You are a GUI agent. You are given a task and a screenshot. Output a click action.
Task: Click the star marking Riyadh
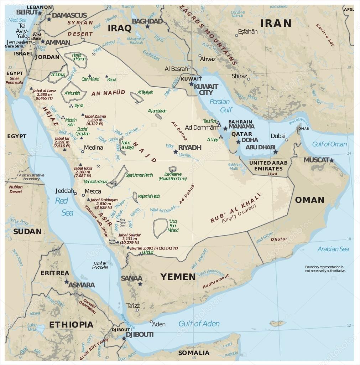pos(176,151)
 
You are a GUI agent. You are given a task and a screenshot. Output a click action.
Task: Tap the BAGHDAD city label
pos(147,21)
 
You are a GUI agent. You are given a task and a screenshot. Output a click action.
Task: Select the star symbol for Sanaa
pos(140,284)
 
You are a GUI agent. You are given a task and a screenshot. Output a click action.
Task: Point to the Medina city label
pos(93,148)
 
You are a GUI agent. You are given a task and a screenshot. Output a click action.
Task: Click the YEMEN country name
pos(178,277)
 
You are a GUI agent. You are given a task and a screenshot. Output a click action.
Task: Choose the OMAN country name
pos(309,200)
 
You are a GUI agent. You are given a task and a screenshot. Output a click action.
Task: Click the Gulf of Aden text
pos(199,324)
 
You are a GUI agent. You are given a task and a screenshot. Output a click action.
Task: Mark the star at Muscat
pos(332,160)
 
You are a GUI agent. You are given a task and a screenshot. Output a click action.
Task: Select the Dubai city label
pos(278,136)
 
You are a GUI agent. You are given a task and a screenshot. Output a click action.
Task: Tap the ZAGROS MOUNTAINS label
pos(208,34)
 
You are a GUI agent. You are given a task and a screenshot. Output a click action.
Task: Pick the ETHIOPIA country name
pos(71,324)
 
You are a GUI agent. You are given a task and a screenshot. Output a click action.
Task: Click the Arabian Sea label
pos(333,249)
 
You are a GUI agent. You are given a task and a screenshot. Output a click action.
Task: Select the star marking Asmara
pos(67,282)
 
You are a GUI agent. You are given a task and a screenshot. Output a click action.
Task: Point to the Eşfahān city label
pos(248,32)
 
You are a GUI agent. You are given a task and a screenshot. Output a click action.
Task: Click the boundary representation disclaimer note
pos(325,269)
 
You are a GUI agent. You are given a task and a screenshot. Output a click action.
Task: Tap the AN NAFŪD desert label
pos(108,93)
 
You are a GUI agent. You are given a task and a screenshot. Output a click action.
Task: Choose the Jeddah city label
pos(64,191)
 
